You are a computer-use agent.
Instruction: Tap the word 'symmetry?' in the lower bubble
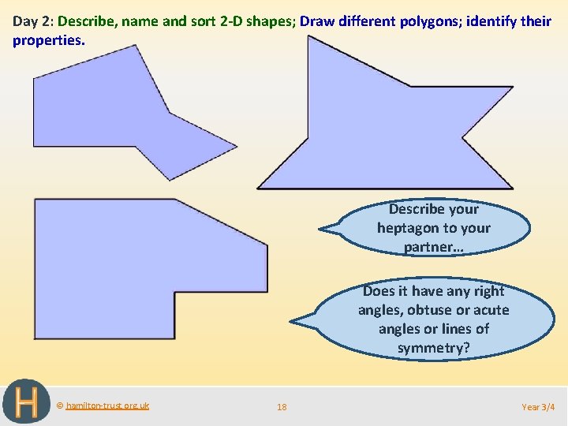[x=433, y=348]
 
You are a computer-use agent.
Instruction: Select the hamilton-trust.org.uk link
[x=107, y=405]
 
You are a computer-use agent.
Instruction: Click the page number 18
[x=282, y=407]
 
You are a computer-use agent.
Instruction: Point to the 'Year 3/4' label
[x=538, y=407]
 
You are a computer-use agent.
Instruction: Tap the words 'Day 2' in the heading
[x=32, y=21]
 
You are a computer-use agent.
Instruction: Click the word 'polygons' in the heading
[x=428, y=21]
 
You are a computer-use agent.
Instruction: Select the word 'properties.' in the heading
[x=48, y=39]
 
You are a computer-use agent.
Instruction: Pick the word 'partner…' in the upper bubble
[x=433, y=247]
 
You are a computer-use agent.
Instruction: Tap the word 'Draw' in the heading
[x=317, y=21]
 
